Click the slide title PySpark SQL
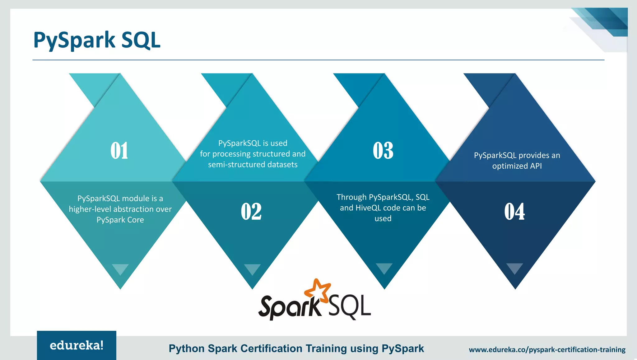[x=97, y=40]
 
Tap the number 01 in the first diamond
[x=119, y=151]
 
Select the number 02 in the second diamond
[x=251, y=212]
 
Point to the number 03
[x=383, y=151]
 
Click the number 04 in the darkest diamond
[x=515, y=212]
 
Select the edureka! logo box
[x=77, y=345]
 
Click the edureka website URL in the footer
[x=547, y=350]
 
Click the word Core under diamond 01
[x=136, y=220]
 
